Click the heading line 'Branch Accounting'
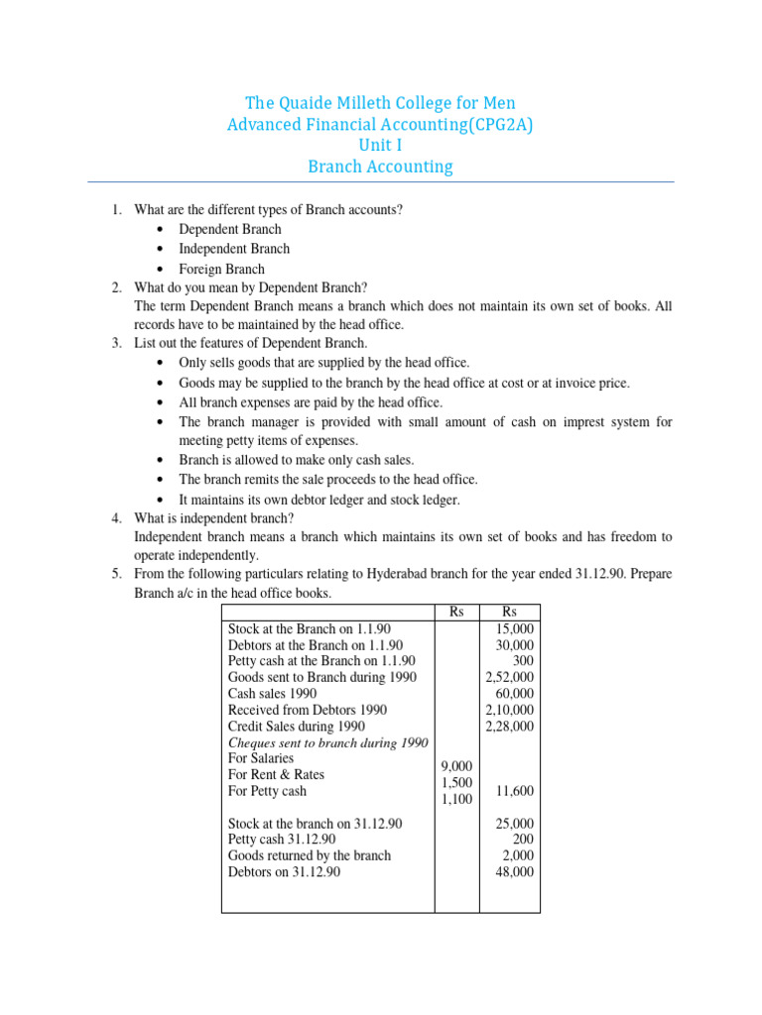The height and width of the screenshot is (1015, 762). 380,167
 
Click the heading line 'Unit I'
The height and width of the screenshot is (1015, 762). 380,145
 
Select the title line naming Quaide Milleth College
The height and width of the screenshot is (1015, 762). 380,103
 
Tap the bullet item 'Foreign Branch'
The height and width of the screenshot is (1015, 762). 221,269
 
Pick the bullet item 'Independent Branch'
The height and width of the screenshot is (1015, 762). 234,249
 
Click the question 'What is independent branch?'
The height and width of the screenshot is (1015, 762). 221,517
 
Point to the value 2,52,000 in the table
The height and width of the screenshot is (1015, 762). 509,677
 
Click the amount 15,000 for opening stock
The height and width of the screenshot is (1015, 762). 515,629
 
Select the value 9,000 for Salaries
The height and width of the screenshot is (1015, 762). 456,766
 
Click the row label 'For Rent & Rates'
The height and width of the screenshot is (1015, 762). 276,774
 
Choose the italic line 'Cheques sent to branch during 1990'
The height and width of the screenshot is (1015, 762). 327,742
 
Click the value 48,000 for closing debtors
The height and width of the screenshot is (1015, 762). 515,871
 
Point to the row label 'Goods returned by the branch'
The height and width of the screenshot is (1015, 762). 310,855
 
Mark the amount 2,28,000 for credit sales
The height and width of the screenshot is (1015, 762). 509,726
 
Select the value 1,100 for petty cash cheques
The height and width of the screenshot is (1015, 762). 456,798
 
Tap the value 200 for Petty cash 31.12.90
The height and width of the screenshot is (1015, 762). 523,840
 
